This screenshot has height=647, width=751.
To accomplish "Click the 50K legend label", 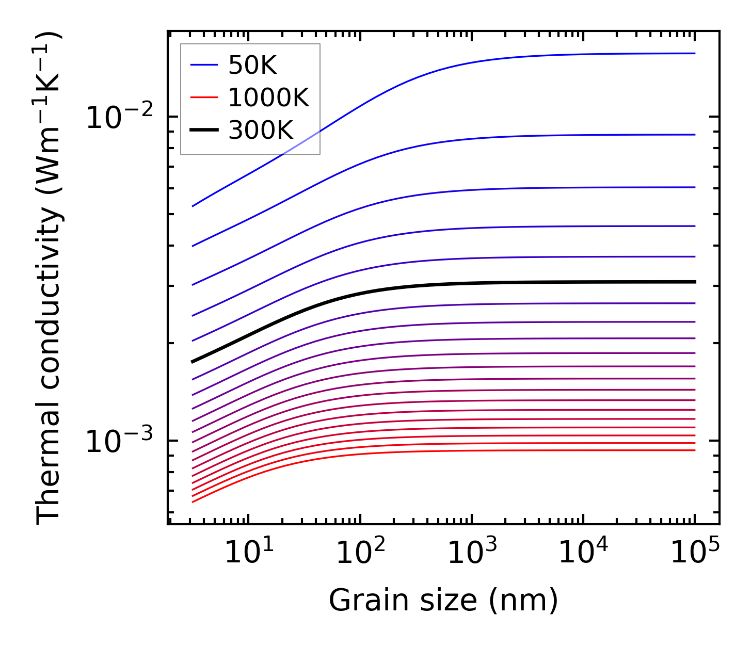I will pyautogui.click(x=253, y=66).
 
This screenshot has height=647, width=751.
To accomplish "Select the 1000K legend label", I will pyautogui.click(x=268, y=98).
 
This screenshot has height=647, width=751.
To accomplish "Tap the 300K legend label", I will pyautogui.click(x=261, y=131).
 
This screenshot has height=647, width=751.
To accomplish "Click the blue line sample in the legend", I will pyautogui.click(x=204, y=65).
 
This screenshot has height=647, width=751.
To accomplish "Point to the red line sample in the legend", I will pyautogui.click(x=204, y=98).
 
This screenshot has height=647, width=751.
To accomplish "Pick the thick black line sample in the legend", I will pyautogui.click(x=204, y=130).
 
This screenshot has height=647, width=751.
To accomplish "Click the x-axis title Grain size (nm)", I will pyautogui.click(x=443, y=601).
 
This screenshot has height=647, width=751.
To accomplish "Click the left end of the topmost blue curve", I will pyautogui.click(x=193, y=206).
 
